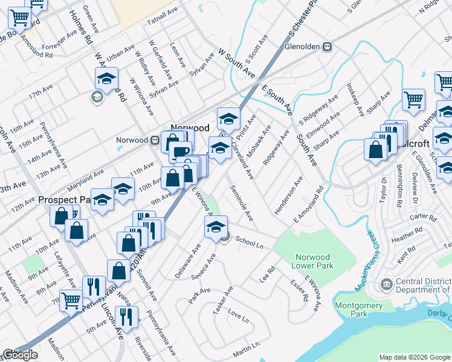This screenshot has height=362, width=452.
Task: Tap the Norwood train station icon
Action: (x=155, y=141)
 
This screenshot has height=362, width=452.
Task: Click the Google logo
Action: (x=20, y=355)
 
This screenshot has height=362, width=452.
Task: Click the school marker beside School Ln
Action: (x=215, y=227)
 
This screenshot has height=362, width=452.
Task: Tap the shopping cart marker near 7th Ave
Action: (x=71, y=300)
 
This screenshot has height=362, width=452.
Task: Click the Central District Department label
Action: (x=423, y=286)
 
